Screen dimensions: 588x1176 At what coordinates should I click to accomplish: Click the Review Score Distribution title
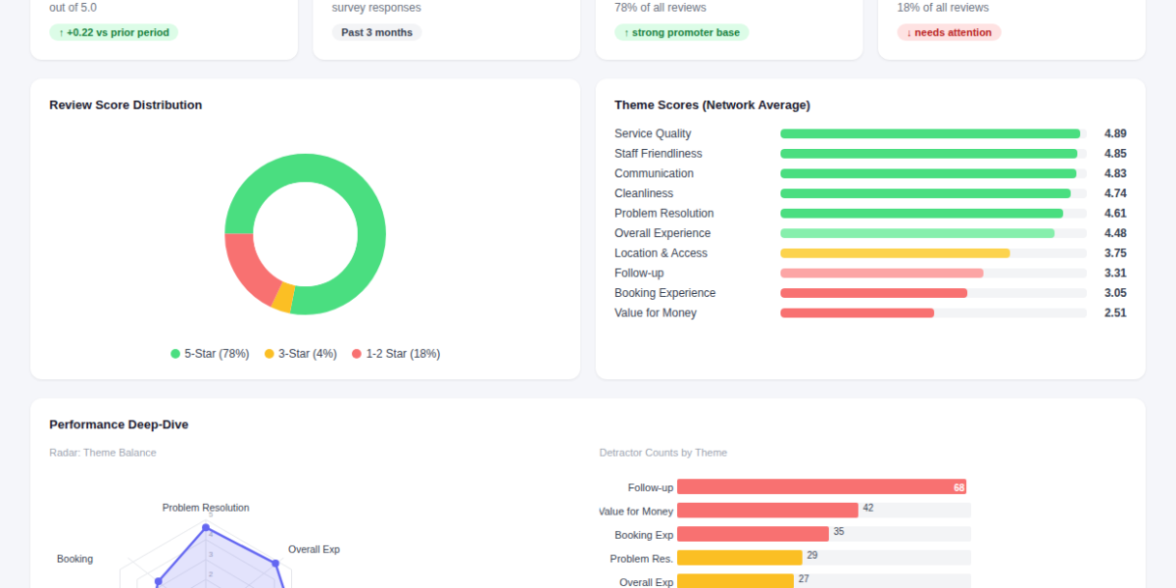[x=125, y=105]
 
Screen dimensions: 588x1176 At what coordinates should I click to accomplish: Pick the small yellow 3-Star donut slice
[x=283, y=298]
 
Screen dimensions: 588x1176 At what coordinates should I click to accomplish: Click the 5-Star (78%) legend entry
[x=210, y=354]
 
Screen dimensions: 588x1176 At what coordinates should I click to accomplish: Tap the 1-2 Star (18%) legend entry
[x=396, y=354]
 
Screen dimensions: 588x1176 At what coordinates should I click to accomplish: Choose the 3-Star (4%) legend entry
[x=300, y=354]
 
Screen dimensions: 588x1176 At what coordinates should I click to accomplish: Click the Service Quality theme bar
[x=930, y=133]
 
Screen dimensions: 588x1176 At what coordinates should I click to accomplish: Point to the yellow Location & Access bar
[x=895, y=253]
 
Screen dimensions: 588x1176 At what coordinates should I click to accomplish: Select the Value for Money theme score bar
[x=857, y=313]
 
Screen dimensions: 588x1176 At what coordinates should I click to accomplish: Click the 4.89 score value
[x=1114, y=133]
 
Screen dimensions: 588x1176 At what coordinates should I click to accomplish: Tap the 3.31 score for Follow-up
[x=1114, y=273]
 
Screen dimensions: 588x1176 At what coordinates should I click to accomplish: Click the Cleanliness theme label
[x=644, y=193]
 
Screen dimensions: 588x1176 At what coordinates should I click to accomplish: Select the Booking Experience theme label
[x=664, y=293]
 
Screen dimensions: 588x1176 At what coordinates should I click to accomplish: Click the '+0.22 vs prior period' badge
[x=114, y=32]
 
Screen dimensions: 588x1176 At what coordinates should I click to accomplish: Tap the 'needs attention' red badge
[x=949, y=32]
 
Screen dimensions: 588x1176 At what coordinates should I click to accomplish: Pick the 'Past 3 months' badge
[x=376, y=32]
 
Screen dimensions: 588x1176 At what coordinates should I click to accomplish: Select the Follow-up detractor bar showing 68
[x=821, y=487]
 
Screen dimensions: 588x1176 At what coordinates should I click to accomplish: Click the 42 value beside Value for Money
[x=867, y=508]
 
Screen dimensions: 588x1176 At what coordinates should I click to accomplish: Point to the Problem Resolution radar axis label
[x=206, y=508]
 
